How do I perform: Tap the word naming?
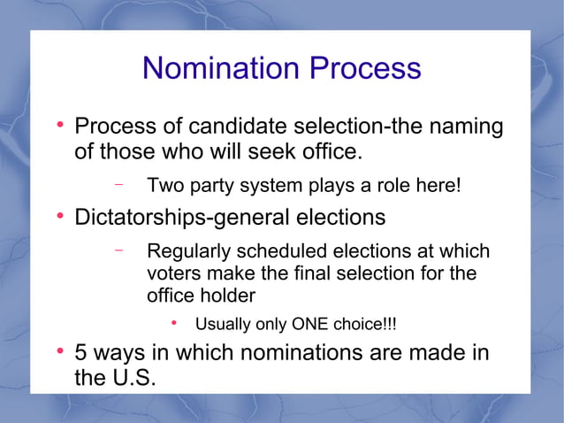(x=462, y=127)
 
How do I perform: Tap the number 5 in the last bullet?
(x=81, y=353)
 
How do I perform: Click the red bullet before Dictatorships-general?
(x=61, y=216)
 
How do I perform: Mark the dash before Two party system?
(x=118, y=186)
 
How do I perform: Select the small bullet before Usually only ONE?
(x=175, y=323)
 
